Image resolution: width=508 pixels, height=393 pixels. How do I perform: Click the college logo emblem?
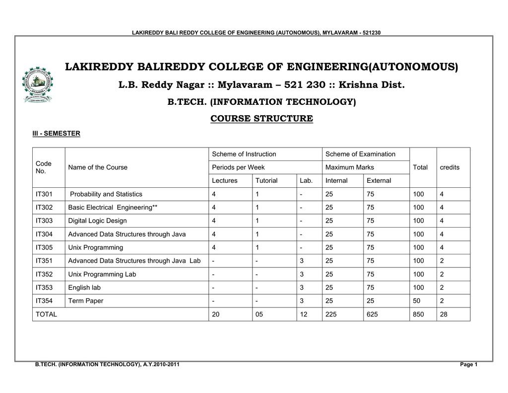pyautogui.click(x=37, y=84)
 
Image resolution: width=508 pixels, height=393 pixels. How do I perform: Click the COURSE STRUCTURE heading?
pyautogui.click(x=261, y=118)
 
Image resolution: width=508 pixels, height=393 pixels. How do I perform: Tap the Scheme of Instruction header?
pyautogui.click(x=244, y=154)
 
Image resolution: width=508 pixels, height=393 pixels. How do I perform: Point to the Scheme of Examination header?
pyautogui.click(x=360, y=154)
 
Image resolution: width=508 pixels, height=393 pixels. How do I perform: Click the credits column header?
pyautogui.click(x=449, y=167)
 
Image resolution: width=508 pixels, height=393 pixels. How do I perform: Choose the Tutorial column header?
pyautogui.click(x=266, y=181)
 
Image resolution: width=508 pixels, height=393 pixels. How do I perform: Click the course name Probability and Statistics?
pyautogui.click(x=106, y=194)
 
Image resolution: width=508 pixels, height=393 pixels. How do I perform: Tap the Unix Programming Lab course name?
pyautogui.click(x=102, y=274)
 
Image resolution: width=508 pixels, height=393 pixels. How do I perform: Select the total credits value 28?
pyautogui.click(x=444, y=314)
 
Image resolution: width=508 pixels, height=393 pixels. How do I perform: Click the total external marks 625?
pyautogui.click(x=372, y=314)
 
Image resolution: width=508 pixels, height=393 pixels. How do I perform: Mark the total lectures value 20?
pyautogui.click(x=216, y=314)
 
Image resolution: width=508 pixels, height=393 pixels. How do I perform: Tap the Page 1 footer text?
pyautogui.click(x=469, y=365)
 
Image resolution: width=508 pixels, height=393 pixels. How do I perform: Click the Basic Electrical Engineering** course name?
pyautogui.click(x=113, y=207)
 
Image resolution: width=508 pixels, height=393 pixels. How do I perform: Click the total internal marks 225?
pyautogui.click(x=331, y=314)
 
